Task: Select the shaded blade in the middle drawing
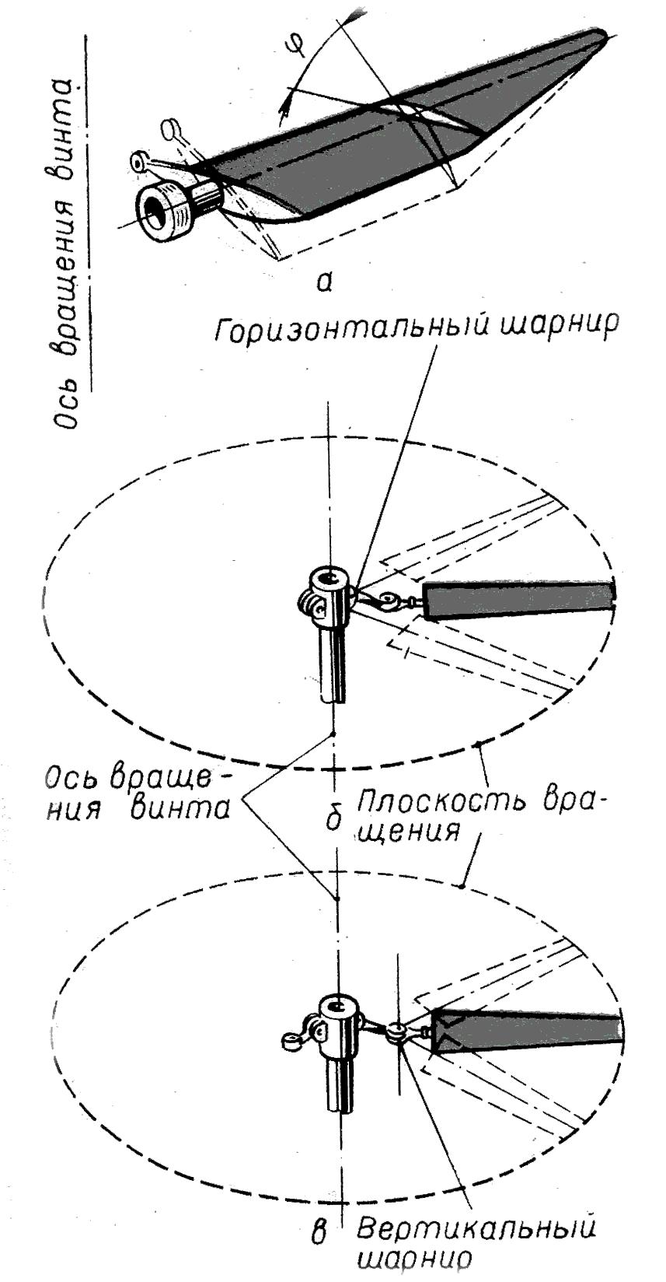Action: pyautogui.click(x=519, y=601)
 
